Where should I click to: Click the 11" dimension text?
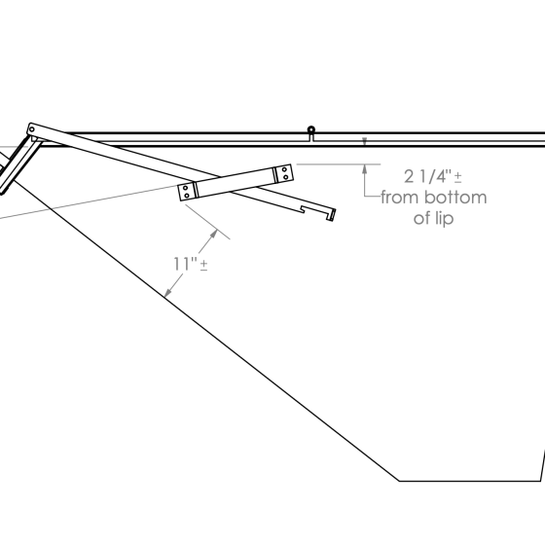(185, 263)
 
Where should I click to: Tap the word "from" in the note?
(400, 198)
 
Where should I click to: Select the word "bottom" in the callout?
(453, 198)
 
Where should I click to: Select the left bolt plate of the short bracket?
(186, 192)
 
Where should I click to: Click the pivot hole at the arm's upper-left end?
(32, 127)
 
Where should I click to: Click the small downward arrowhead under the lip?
(365, 142)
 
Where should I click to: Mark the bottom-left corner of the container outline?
(400, 481)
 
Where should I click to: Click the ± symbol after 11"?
(203, 265)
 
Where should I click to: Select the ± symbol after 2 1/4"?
(457, 177)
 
